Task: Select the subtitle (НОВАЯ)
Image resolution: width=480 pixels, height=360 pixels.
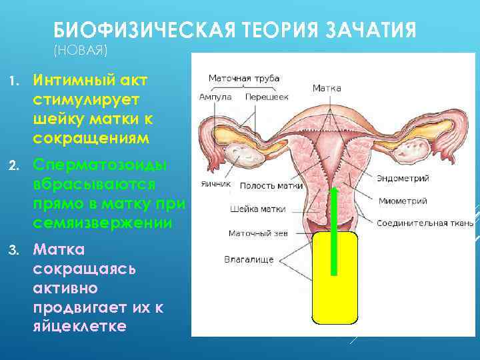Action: [79, 50]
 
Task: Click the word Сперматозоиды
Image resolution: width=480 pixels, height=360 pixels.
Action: [101, 165]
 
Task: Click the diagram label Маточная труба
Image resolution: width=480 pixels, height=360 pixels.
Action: [244, 78]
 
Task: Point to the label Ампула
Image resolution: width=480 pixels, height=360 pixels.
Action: [215, 97]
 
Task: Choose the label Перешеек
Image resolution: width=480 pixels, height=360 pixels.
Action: [267, 97]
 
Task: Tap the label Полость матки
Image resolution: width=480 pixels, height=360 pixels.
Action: [271, 186]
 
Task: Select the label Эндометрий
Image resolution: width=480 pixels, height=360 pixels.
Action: [403, 179]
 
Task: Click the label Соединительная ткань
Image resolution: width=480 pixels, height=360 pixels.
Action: [425, 222]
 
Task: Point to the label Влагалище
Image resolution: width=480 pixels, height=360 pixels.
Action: [249, 259]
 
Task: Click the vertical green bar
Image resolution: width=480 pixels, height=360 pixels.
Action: [333, 231]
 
